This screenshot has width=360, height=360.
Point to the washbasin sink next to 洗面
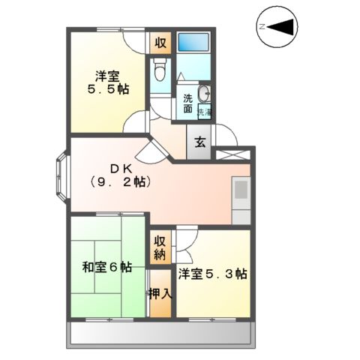206,94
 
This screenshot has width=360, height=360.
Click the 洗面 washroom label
189,103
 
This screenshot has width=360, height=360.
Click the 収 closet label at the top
160,42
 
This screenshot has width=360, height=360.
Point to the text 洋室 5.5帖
107,82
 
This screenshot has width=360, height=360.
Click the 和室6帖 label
107,266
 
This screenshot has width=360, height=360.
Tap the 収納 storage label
160,247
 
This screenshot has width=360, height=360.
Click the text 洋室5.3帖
212,274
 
